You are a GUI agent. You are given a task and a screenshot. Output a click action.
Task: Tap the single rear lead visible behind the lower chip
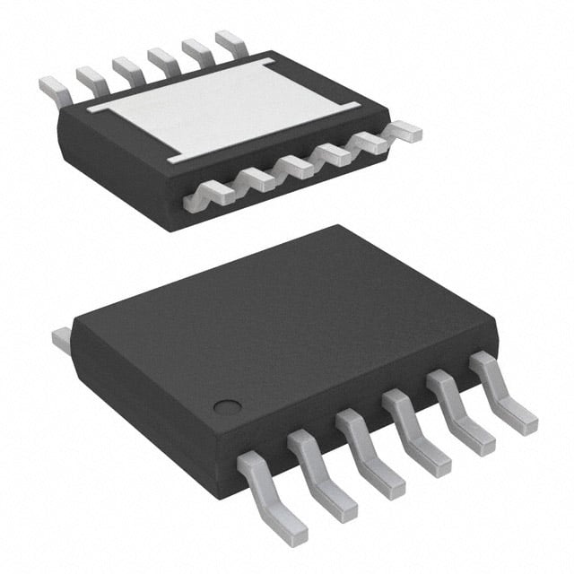click(x=61, y=338)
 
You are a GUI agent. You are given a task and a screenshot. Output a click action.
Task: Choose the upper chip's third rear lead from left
click(x=125, y=68)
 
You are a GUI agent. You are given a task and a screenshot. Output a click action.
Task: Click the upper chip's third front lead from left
click(x=295, y=165)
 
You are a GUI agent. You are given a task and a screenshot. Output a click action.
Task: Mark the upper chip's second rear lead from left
click(x=90, y=77)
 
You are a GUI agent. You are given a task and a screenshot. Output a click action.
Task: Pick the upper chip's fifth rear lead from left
click(x=195, y=49)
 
